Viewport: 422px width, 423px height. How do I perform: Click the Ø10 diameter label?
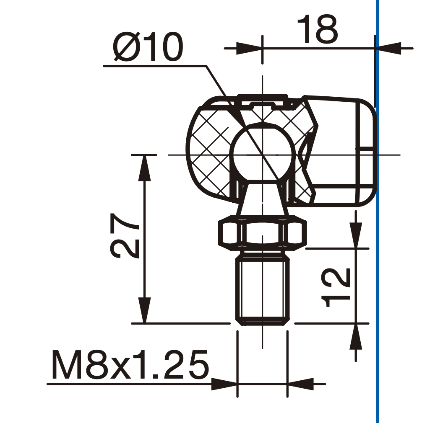coord(148,47)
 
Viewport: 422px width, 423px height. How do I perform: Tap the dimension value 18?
coord(318,29)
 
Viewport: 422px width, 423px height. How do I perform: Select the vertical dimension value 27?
coord(125,236)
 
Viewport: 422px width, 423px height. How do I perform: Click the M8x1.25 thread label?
coord(130,365)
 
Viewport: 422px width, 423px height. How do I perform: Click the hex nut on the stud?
coord(262,231)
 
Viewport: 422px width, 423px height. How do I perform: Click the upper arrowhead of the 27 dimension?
coord(144,168)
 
